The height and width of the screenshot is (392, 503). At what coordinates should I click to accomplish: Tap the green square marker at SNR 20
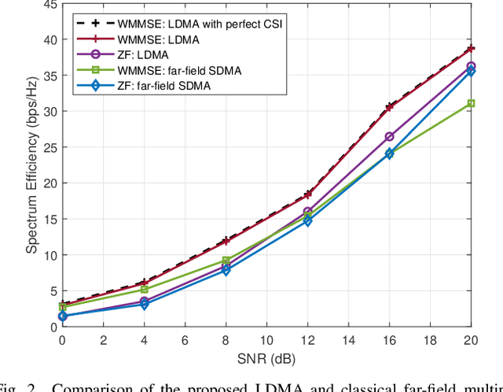(x=470, y=103)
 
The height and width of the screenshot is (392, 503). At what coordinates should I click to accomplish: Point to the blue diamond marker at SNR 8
(x=226, y=270)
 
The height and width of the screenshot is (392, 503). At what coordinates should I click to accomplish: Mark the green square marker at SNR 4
(x=144, y=289)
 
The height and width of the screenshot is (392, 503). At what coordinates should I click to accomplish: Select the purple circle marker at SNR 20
(x=470, y=66)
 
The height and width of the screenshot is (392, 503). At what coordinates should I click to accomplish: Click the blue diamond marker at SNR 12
(x=307, y=221)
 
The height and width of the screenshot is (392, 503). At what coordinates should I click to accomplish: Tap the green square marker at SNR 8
(x=226, y=261)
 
